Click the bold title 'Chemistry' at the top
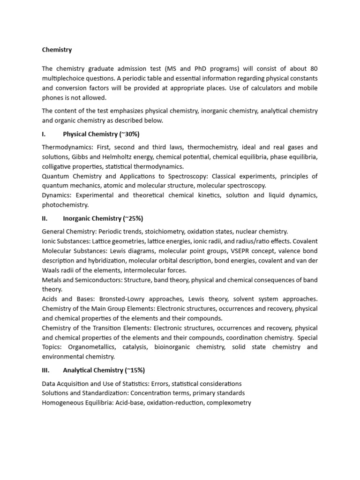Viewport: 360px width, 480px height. (57, 49)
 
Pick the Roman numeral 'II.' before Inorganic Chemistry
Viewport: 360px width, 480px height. (45, 218)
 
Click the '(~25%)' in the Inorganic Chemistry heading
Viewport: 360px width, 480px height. (133, 218)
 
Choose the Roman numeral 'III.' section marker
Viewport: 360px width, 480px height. (46, 370)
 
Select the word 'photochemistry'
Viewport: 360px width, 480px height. (65, 205)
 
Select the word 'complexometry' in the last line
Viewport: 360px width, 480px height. (229, 403)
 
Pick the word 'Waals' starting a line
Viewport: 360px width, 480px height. (51, 270)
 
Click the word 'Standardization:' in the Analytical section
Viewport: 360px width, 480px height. (103, 393)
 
